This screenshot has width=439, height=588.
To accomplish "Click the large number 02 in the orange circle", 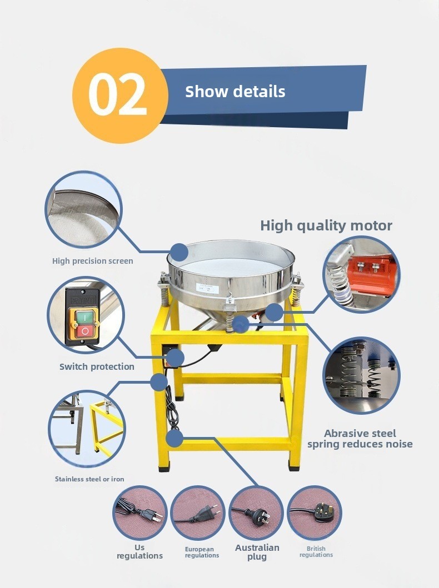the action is coord(117,96).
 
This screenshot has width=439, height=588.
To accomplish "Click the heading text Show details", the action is coord(235,92).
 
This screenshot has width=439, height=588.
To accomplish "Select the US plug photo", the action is coord(139,512).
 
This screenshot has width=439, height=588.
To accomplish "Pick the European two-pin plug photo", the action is coord(197,512).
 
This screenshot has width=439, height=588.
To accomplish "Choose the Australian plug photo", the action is coord(256,512).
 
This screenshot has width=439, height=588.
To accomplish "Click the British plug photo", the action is coord(315,512).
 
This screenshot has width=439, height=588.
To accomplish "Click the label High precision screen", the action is coord(93,261).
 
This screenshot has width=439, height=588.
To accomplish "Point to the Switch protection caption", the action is coord(97,367).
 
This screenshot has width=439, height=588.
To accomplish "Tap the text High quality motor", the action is coord(326,225).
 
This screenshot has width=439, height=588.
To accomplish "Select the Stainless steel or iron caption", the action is coord(89,479).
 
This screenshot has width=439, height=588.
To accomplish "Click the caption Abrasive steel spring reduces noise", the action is coord(360,439).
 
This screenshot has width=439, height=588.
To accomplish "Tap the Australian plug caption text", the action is coord(257,552).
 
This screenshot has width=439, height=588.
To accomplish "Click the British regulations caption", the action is coord(316,551).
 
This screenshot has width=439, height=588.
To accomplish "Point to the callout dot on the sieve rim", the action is coord(179,252).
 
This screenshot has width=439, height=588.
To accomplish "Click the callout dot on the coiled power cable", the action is coord(174,438).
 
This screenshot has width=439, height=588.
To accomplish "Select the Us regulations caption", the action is coord(139,551).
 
